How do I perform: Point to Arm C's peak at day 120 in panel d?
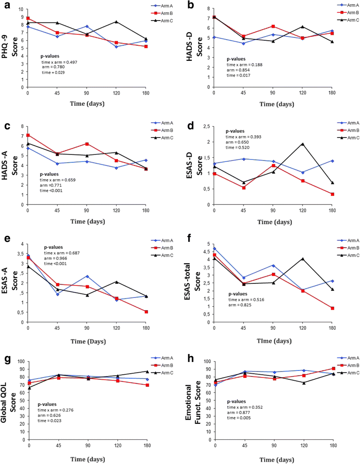pos(302,144)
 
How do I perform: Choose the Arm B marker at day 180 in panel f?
pos(332,308)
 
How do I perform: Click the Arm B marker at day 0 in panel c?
pos(28,135)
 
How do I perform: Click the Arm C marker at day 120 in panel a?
pos(116,22)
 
